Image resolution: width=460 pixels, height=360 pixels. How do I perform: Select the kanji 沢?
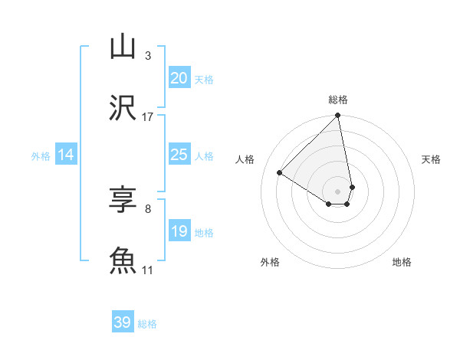pos(123,108)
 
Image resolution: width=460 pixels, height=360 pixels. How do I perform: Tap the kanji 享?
pos(123,200)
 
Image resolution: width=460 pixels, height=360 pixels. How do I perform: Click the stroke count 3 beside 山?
pos(147,55)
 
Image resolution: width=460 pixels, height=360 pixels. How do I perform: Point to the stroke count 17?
pos(148,116)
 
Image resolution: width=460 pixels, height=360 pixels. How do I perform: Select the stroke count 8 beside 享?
pos(147,208)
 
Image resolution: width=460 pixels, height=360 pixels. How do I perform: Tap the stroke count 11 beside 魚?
pos(148,270)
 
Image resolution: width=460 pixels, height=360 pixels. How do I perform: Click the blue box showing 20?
pos(179,77)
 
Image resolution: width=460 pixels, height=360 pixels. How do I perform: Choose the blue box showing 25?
pos(179,155)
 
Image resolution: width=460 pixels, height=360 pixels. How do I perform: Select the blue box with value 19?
pos(179,231)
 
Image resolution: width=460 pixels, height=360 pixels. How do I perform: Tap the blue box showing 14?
pos(66,155)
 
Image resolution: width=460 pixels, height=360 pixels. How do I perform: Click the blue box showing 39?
pos(123,322)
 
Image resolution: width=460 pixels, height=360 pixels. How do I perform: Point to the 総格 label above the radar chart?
pos(338,100)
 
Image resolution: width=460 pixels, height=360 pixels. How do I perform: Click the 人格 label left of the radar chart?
pos(245,159)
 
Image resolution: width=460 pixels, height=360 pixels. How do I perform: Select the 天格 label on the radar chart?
pos(431,159)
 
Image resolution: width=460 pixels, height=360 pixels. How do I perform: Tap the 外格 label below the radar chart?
pos(270,262)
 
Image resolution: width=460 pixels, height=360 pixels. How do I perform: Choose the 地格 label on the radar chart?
pos(402,262)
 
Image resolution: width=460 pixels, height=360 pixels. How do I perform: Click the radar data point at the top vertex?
pos(338,116)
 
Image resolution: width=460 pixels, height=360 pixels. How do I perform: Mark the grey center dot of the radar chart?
pos(338,191)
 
